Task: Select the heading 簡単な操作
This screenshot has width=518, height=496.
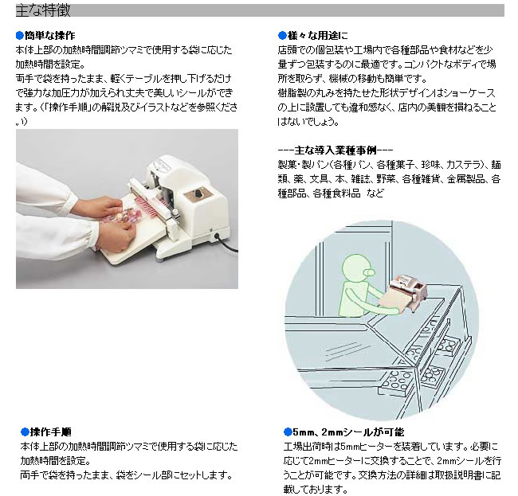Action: pyautogui.click(x=49, y=36)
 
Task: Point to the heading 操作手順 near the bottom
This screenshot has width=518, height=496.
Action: pyautogui.click(x=50, y=432)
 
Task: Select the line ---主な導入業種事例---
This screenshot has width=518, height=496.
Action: pyautogui.click(x=334, y=150)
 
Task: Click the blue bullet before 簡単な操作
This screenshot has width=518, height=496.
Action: pyautogui.click(x=20, y=36)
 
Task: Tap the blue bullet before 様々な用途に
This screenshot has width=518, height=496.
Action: pyautogui.click(x=281, y=36)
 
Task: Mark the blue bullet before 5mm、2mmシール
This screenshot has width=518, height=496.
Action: pyautogui.click(x=281, y=432)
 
